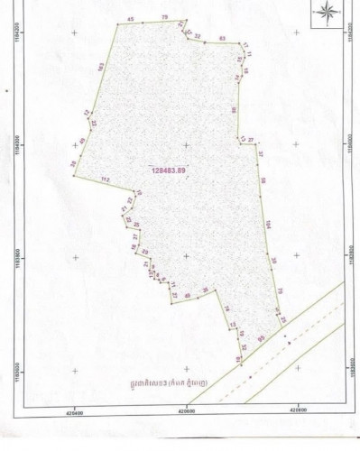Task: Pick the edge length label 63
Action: (x=222, y=40)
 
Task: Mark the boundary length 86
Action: (x=234, y=109)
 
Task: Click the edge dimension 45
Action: (x=132, y=19)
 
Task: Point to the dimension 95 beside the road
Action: (x=262, y=336)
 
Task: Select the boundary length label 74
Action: (x=226, y=309)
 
